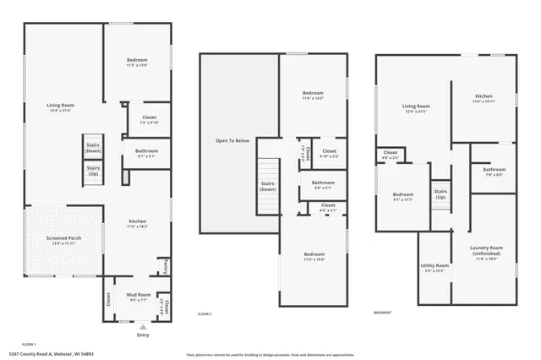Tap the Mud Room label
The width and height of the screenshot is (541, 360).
[138, 297]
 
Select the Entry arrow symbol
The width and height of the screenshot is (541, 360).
[142, 326]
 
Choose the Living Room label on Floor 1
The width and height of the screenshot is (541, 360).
[61, 107]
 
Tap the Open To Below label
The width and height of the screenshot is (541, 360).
[232, 140]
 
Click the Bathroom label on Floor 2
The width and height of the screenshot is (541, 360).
[323, 184]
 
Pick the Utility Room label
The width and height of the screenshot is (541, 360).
[434, 268]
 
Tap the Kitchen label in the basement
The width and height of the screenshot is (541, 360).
[484, 98]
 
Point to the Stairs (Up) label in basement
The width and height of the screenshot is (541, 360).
[440, 194]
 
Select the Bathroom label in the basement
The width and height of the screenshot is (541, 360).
[494, 172]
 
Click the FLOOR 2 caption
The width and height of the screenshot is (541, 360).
[205, 313]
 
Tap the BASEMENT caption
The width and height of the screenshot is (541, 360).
[382, 313]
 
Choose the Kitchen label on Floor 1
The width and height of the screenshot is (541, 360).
[137, 224]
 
